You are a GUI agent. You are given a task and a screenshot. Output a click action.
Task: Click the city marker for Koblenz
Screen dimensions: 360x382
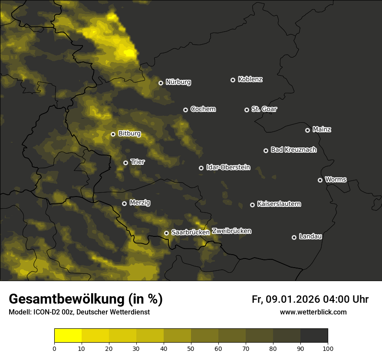click(233, 80)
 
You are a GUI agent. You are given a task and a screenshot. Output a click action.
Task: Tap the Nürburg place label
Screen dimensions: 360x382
click(178, 82)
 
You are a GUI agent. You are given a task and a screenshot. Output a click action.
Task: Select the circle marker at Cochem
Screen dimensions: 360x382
click(185, 110)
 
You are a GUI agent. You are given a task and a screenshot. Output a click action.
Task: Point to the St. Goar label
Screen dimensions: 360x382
click(264, 109)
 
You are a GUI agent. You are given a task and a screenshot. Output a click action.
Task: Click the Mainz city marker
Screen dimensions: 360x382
click(307, 130)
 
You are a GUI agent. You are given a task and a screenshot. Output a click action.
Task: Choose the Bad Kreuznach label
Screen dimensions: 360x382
click(293, 150)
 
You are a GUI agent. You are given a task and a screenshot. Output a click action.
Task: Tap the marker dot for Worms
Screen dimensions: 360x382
click(320, 180)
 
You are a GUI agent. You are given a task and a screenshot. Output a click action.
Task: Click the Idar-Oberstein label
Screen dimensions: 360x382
click(228, 167)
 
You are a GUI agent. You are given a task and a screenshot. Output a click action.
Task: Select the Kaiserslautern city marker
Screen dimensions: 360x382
click(252, 205)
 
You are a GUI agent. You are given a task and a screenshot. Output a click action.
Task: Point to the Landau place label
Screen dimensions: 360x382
click(310, 236)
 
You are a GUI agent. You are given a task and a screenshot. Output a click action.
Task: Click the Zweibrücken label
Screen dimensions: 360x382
click(231, 231)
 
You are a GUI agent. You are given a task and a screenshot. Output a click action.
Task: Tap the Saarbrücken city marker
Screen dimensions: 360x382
click(166, 233)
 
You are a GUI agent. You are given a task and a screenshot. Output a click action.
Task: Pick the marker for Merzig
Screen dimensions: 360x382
click(124, 203)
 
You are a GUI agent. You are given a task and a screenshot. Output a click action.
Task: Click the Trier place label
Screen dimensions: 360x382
click(137, 162)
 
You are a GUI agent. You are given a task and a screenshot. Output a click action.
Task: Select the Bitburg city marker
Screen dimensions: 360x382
click(113, 134)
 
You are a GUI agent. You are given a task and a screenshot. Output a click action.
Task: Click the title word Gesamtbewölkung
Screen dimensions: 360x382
click(67, 299)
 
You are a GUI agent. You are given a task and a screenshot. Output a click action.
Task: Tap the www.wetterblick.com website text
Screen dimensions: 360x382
click(313, 312)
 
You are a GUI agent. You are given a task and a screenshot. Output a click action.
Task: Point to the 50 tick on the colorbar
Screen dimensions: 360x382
click(191, 348)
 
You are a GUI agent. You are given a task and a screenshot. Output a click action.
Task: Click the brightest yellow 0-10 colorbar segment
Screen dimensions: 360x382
click(68, 336)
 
